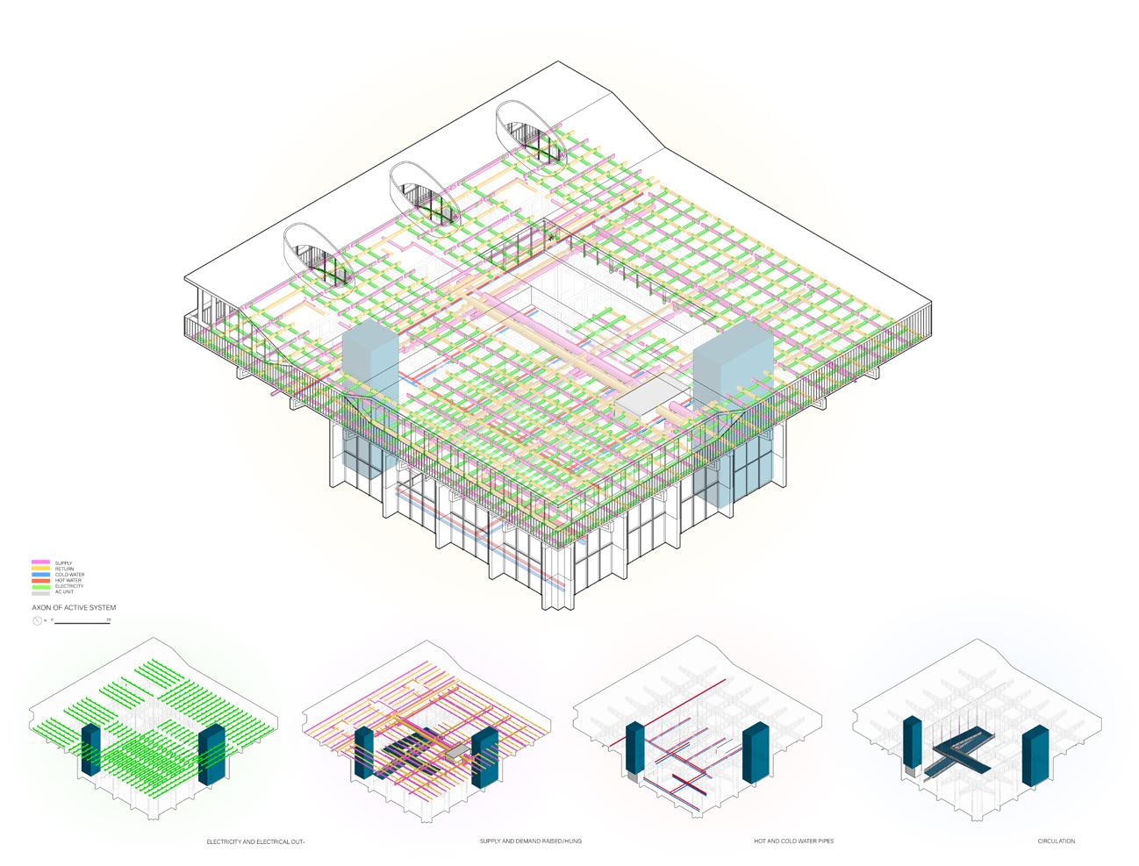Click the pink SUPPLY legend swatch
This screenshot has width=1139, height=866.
click(x=41, y=562)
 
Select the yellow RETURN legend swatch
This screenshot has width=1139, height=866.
click(x=41, y=569)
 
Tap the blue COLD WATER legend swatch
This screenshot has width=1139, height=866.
click(x=41, y=575)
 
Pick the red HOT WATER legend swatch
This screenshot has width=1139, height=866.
click(x=41, y=581)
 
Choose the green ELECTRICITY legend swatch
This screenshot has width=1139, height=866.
click(x=41, y=586)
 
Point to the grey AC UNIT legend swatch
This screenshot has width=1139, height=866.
click(x=41, y=592)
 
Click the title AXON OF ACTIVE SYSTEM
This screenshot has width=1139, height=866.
click(x=74, y=607)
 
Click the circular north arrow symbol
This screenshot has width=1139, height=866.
click(x=36, y=620)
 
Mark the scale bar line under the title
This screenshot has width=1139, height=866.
click(x=82, y=622)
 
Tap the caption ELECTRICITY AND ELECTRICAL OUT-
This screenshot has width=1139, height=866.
click(x=255, y=841)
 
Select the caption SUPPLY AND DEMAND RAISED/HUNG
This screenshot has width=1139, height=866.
click(x=530, y=841)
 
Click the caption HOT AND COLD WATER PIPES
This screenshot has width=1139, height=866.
click(x=793, y=841)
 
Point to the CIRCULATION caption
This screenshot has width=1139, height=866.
click(x=1056, y=841)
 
